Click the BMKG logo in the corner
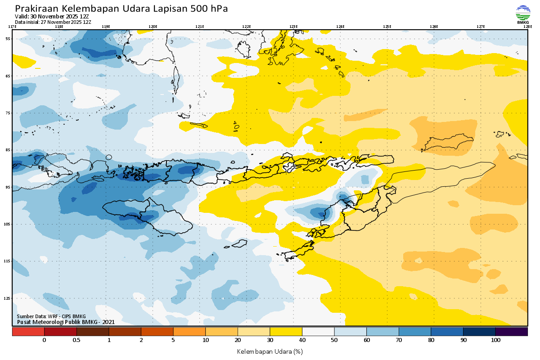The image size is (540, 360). click(x=523, y=14)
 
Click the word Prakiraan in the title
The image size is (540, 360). click(x=36, y=9)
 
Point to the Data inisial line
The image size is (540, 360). click(x=53, y=22)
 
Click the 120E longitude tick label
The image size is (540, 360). click(x=153, y=27)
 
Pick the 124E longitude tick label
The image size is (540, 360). click(x=340, y=27)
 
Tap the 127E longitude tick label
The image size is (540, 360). click(x=481, y=27)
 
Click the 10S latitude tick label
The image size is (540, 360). click(x=7, y=224)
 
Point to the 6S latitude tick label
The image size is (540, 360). click(x=8, y=76)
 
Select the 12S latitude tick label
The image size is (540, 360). click(x=7, y=298)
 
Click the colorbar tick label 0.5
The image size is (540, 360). click(x=76, y=340)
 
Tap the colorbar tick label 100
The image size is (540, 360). click(x=495, y=340)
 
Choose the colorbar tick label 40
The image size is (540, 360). click(x=302, y=340)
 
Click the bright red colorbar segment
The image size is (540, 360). click(x=28, y=331)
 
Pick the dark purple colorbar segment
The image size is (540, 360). click(x=511, y=331)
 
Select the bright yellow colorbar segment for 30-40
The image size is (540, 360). click(x=286, y=331)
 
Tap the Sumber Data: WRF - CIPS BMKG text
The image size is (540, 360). click(x=51, y=316)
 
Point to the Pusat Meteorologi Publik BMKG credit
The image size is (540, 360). click(x=66, y=322)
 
